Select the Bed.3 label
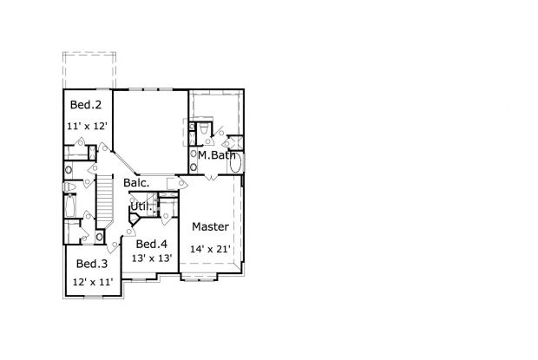tap(91, 264)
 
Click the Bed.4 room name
tap(152, 244)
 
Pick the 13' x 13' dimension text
tap(152, 258)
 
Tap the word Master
tap(210, 227)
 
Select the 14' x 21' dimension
tap(210, 249)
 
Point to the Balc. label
tap(136, 183)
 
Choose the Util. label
tap(139, 206)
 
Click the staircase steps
tap(104, 200)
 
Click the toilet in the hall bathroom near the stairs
tap(75, 187)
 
